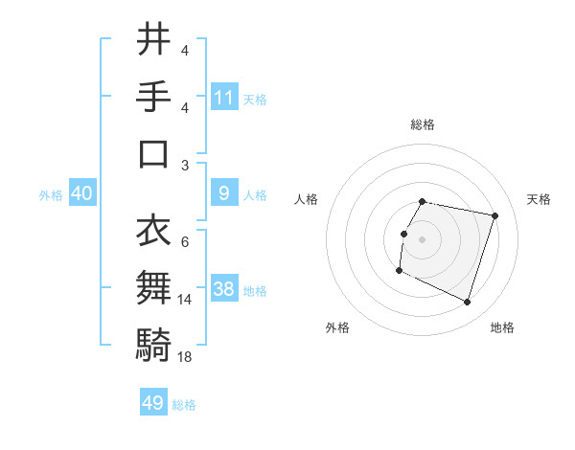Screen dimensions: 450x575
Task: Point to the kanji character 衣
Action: (153, 230)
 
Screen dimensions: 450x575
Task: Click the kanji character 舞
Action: (153, 286)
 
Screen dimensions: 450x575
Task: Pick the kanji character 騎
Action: (153, 343)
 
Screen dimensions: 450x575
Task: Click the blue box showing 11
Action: (224, 97)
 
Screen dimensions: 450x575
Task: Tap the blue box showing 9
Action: (224, 194)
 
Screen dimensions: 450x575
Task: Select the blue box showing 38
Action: (224, 290)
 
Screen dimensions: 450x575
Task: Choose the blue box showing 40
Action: (82, 194)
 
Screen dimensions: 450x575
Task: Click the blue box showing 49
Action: (153, 403)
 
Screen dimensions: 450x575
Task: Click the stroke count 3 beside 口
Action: (185, 165)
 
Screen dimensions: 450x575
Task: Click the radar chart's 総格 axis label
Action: (422, 124)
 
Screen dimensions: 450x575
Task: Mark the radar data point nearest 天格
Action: (494, 215)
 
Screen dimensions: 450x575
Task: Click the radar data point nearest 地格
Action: (467, 303)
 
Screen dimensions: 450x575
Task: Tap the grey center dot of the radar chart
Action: (422, 239)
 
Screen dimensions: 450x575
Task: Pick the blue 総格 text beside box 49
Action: (184, 404)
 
